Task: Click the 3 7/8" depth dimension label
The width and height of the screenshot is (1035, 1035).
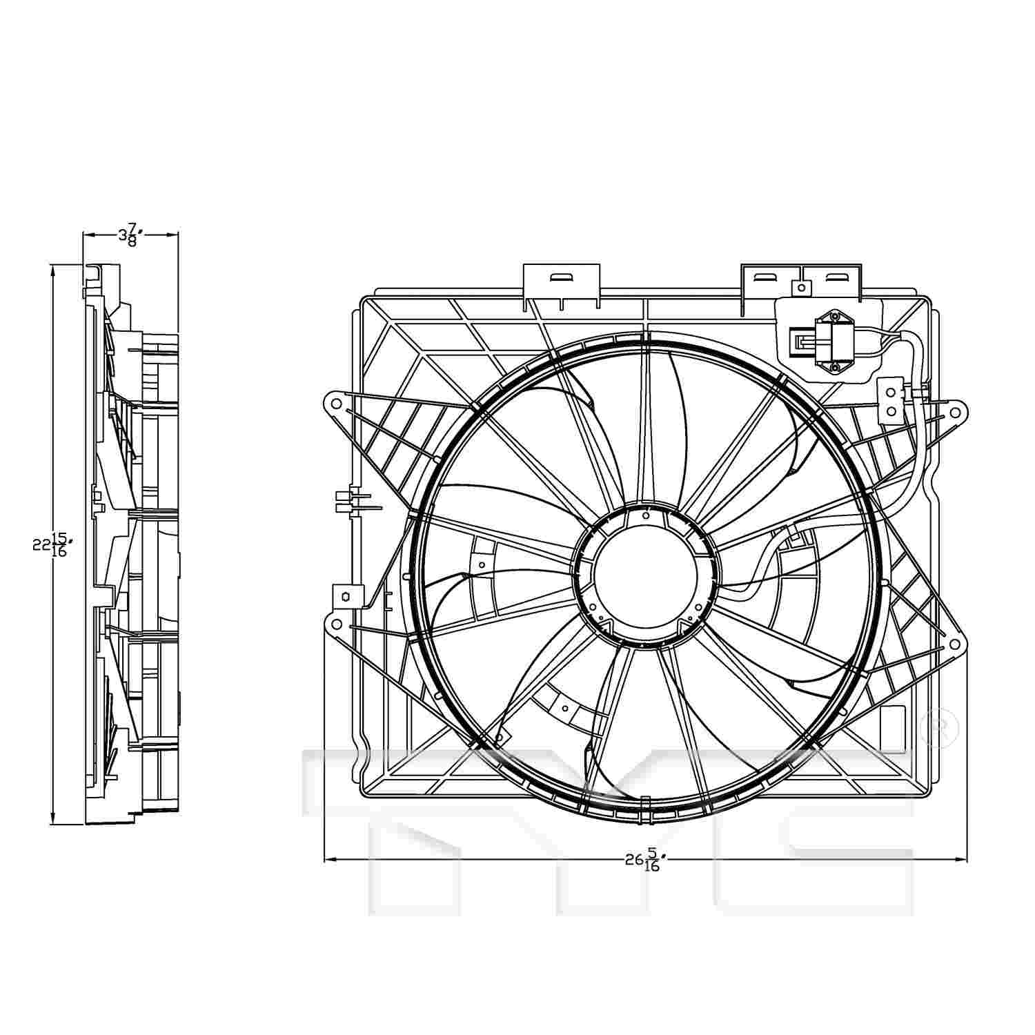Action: [x=128, y=235]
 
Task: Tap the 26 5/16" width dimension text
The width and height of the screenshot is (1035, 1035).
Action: [x=645, y=860]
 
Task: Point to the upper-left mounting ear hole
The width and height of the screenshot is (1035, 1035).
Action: [x=335, y=402]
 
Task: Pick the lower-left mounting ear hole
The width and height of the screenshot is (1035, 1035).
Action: [x=335, y=624]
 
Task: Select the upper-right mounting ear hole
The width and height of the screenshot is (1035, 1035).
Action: [x=955, y=413]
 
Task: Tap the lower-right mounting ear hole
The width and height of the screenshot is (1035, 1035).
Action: [x=955, y=644]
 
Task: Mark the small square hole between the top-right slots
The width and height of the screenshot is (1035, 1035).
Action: [x=801, y=287]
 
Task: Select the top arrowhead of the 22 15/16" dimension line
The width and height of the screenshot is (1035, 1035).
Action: [x=53, y=270]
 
